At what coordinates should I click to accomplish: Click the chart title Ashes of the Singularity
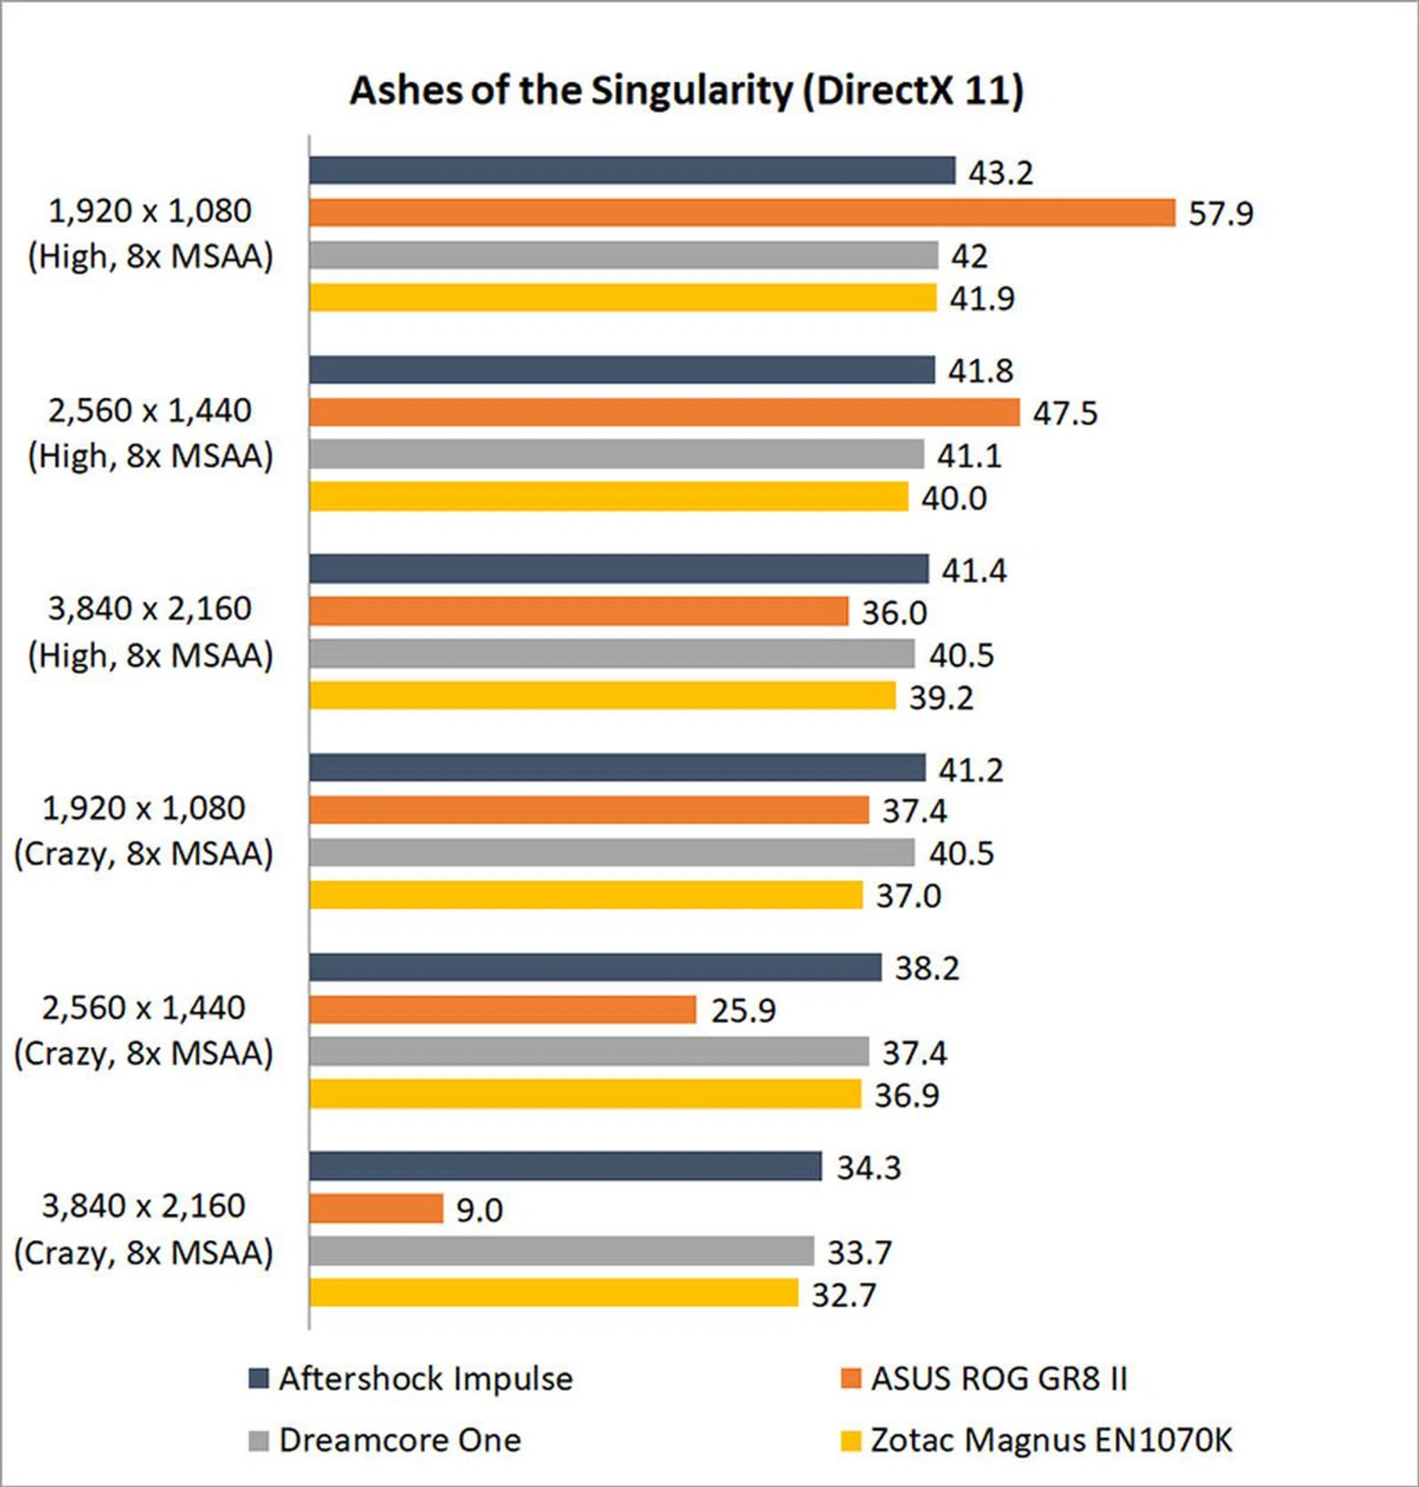[x=686, y=91]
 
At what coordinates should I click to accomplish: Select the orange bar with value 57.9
[x=742, y=213]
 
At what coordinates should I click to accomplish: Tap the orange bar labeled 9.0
[x=376, y=1208]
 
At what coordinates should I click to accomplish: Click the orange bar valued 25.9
[x=503, y=1009]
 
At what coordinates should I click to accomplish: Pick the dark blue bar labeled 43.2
[x=633, y=171]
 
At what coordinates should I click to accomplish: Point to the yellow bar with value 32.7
[x=554, y=1293]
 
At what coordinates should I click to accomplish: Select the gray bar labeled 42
[x=623, y=255]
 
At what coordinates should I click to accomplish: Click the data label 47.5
[x=1065, y=413]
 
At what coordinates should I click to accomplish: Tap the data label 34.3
[x=868, y=1168]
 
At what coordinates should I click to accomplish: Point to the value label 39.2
[x=941, y=697]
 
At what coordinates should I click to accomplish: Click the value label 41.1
[x=969, y=455]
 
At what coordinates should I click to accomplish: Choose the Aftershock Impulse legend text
[x=426, y=1379]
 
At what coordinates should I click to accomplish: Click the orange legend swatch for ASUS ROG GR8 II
[x=851, y=1379]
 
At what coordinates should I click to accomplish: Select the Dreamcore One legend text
[x=400, y=1440]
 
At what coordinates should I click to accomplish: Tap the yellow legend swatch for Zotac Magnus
[x=851, y=1441]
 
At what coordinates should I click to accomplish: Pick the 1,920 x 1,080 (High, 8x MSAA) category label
[x=150, y=234]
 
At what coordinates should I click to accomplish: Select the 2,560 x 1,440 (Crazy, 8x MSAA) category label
[x=143, y=1031]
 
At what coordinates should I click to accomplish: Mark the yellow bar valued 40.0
[x=609, y=497]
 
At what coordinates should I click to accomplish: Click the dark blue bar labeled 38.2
[x=595, y=967]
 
